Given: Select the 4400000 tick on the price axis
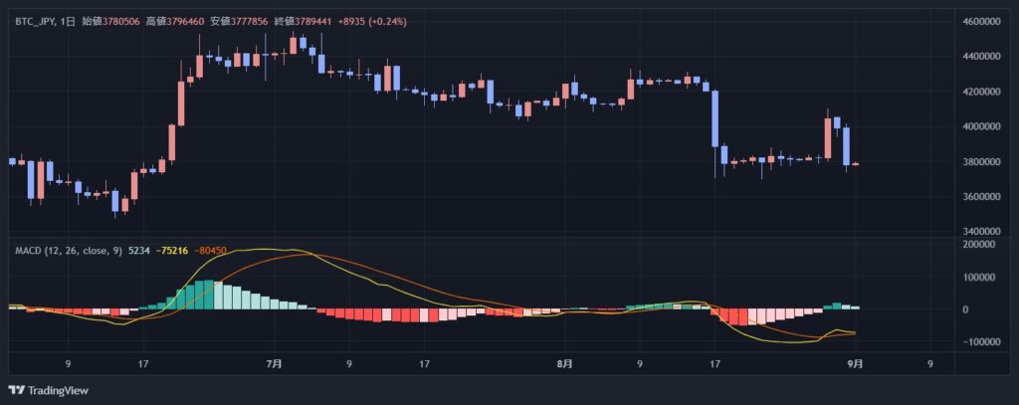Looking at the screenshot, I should (983, 57).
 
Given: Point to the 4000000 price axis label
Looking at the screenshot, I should (983, 127).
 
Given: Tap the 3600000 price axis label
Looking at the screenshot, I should (983, 197).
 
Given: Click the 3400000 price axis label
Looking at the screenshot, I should (983, 232).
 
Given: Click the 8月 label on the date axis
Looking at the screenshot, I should (564, 363).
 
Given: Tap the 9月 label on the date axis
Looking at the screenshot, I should (855, 363).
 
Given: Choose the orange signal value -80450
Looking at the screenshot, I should (212, 251).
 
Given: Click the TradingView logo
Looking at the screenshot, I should (48, 389).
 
